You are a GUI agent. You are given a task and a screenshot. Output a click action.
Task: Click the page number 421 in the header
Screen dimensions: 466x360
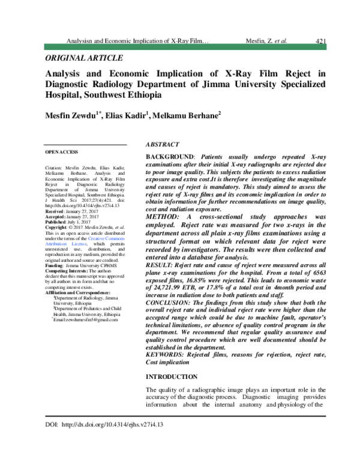[x=320, y=41]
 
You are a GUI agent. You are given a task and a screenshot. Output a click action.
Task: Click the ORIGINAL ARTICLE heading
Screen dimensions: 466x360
[x=84, y=58]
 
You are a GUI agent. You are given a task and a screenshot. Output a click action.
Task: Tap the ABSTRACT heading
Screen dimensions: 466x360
[x=163, y=145]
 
